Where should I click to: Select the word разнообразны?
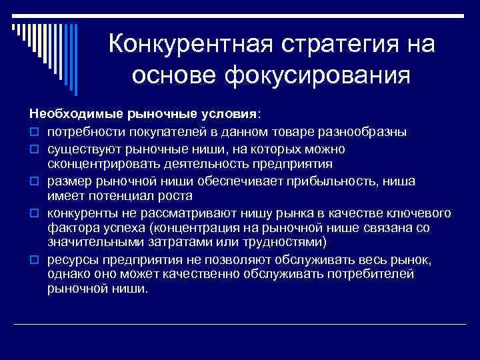pos(368,131)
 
